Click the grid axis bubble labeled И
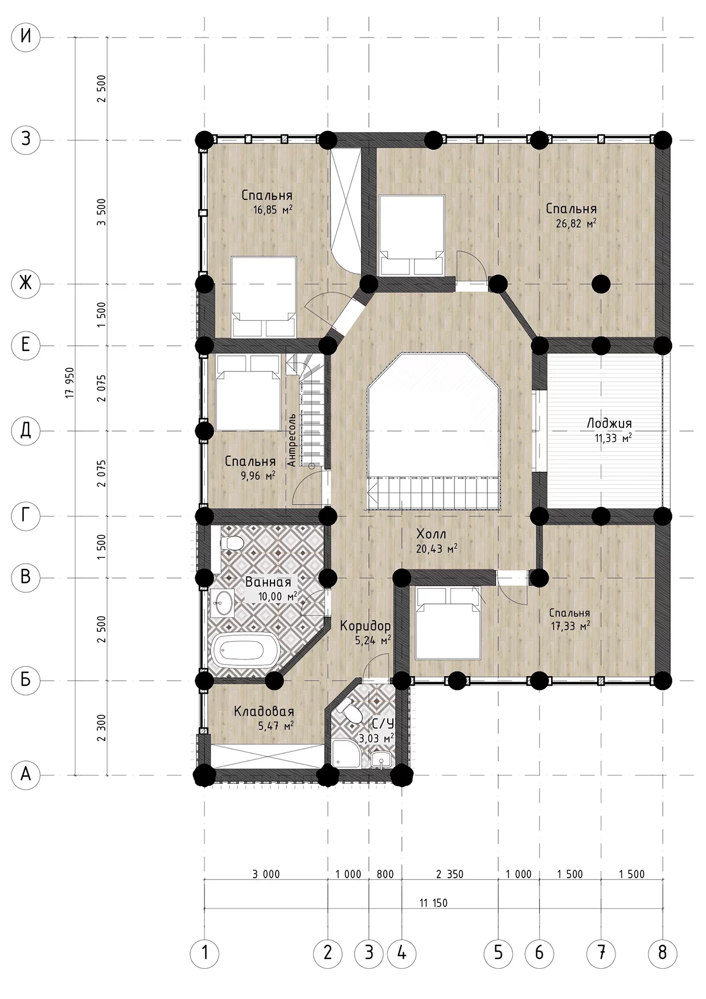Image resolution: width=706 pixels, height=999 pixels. (26, 38)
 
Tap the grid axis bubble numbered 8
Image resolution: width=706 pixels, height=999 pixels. (662, 952)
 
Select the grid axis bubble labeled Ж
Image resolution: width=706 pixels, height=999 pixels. (26, 283)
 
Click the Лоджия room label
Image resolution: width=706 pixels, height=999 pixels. (609, 424)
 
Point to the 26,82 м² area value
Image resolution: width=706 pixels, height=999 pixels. (576, 223)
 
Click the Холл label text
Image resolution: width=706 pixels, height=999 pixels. (431, 534)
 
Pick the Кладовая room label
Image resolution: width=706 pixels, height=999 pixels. (264, 711)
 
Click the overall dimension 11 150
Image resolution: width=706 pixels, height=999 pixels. (433, 903)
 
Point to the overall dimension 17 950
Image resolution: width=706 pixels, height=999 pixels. (71, 383)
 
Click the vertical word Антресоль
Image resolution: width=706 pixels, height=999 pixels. (292, 440)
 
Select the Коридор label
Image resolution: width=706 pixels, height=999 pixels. (365, 626)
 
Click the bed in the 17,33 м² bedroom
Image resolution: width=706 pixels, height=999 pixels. (448, 623)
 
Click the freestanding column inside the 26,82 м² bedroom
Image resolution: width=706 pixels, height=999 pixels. (601, 283)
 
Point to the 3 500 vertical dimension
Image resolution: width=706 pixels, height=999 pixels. (101, 212)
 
